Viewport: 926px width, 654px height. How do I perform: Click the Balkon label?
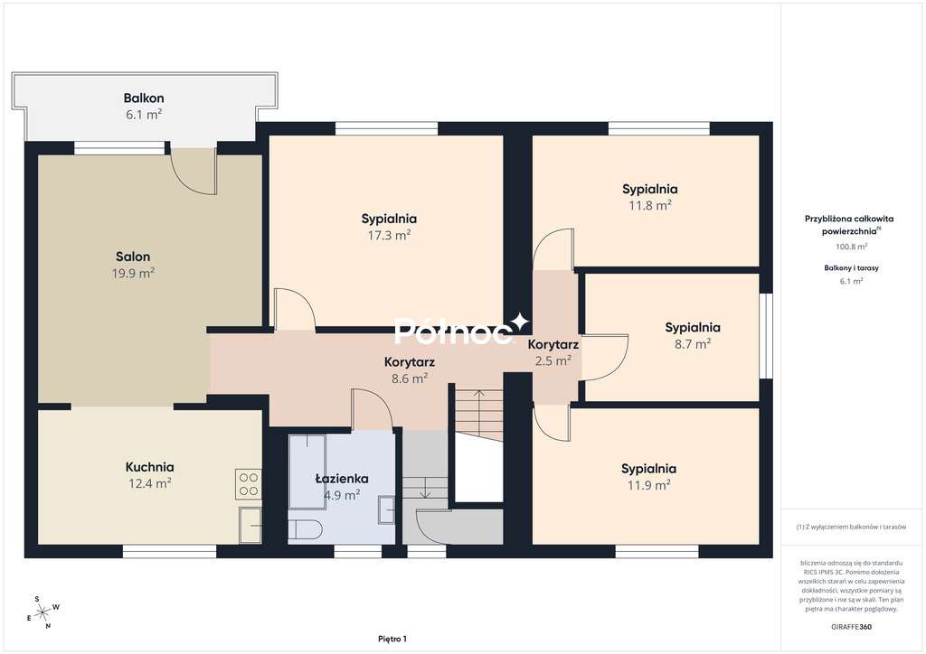[144, 98]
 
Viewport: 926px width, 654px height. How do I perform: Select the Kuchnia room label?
[149, 467]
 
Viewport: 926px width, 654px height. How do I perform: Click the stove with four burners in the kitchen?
[249, 485]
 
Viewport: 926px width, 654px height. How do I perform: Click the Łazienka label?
[341, 479]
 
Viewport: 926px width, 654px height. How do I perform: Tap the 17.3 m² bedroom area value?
[389, 235]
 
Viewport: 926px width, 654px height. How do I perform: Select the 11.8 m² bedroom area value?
[649, 205]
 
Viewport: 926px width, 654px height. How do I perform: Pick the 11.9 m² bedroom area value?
[648, 485]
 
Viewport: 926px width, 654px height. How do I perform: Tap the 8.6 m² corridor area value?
[409, 378]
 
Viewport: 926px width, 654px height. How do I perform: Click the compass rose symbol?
[43, 612]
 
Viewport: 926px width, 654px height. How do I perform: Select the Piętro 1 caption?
[392, 639]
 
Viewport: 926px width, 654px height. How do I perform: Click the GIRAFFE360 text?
[852, 625]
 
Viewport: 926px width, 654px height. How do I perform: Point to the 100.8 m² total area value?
[851, 246]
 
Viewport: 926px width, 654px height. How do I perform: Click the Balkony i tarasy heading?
[851, 267]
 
